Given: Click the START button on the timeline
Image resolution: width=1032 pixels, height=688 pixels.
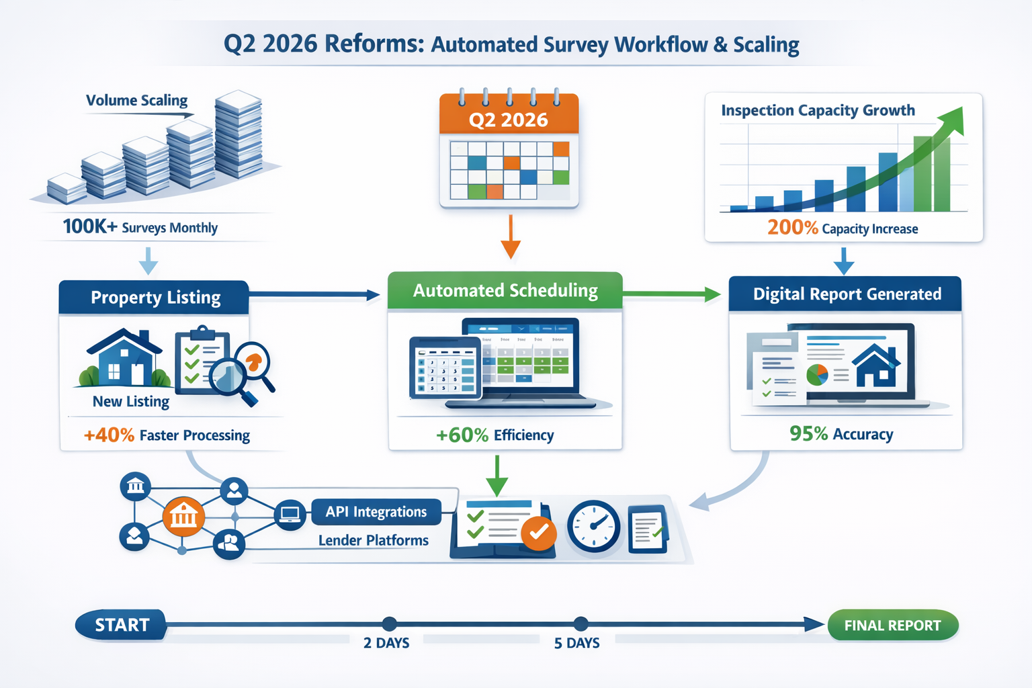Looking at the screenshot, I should click(x=122, y=625).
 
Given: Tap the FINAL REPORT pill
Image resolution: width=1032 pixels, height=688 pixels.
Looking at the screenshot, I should click(x=892, y=626).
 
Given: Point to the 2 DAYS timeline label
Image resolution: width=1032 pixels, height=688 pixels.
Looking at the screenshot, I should click(x=386, y=643).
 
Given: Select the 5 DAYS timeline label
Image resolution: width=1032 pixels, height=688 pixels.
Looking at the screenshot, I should click(x=576, y=643).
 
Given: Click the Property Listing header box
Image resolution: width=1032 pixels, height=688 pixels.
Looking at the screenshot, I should click(x=155, y=298).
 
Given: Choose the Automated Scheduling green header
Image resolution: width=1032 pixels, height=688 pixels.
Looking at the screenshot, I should click(x=505, y=290).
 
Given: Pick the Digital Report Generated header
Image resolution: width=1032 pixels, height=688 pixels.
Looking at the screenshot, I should click(x=846, y=294).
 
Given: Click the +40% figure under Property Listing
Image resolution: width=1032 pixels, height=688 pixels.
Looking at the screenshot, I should click(x=109, y=435).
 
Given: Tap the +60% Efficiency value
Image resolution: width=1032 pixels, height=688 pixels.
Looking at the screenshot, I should click(x=462, y=435).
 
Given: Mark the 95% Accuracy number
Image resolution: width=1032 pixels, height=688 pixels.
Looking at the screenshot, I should click(x=808, y=434).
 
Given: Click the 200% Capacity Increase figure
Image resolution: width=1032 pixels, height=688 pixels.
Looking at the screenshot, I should click(x=793, y=228).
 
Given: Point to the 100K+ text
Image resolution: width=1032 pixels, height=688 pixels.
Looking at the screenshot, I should click(x=89, y=227).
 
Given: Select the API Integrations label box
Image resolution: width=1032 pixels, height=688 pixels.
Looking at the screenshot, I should click(x=376, y=512).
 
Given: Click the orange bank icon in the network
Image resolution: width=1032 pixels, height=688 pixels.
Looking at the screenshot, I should click(x=183, y=517).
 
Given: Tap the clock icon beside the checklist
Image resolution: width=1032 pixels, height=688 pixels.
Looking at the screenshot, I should click(x=593, y=526).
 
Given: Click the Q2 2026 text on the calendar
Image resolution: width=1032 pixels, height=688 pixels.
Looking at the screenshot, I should click(x=509, y=120).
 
